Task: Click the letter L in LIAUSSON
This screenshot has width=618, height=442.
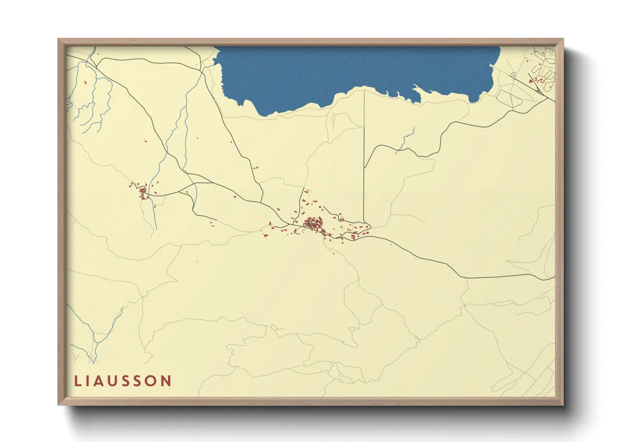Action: point(77,381)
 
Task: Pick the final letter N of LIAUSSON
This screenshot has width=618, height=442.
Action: point(166,381)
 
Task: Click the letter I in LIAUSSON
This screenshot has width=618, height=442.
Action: point(87,381)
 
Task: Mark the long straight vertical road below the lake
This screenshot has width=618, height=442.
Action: point(364,159)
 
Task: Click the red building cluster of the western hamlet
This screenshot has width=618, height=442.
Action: point(142,191)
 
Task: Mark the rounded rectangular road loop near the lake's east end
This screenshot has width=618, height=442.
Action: point(514,99)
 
